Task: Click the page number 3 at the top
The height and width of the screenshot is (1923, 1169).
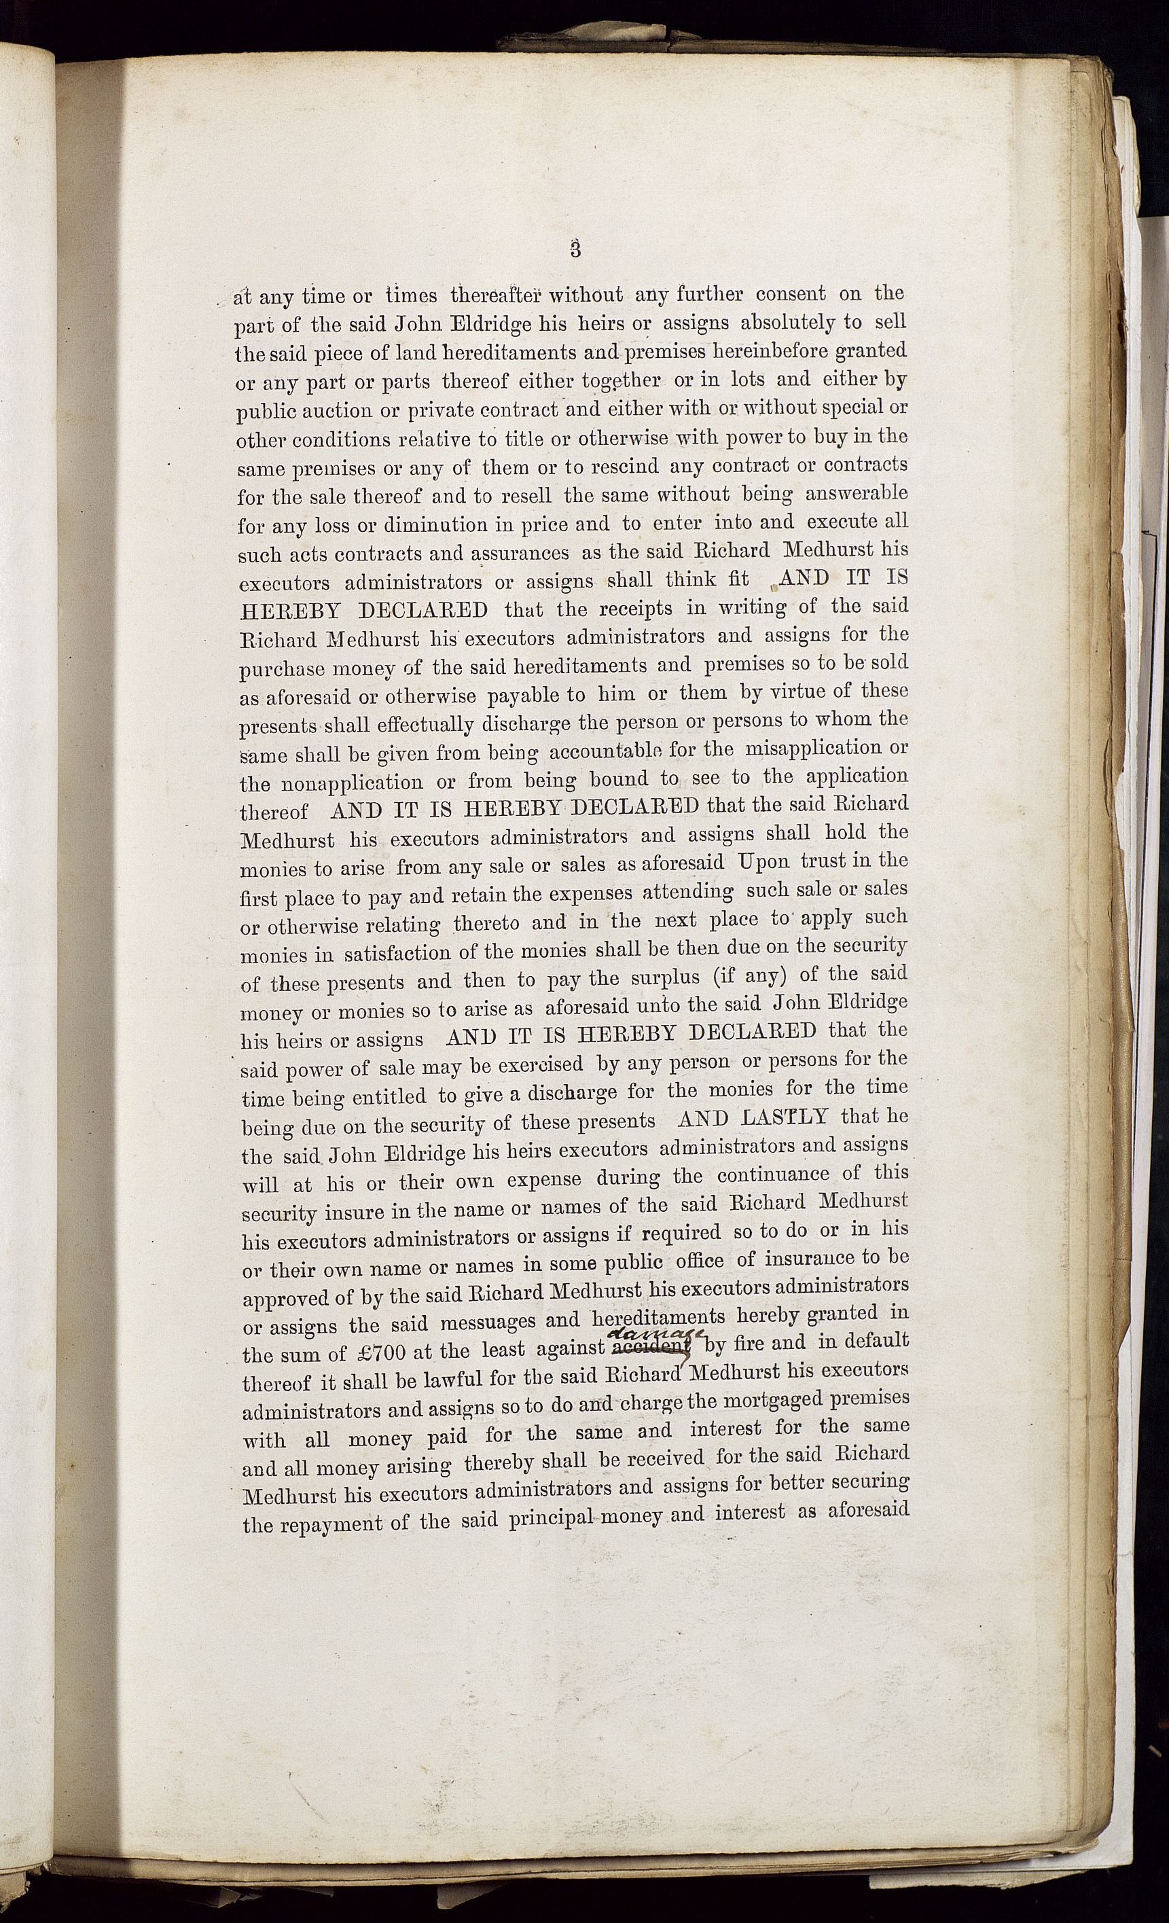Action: click(576, 249)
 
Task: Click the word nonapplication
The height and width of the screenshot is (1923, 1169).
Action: click(351, 783)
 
